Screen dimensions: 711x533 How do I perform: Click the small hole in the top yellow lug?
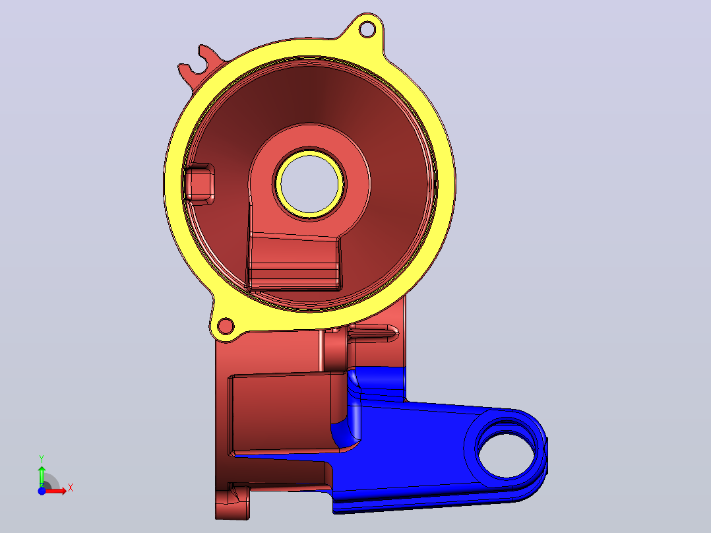[x=367, y=30]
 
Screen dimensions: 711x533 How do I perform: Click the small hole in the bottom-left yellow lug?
[x=226, y=326]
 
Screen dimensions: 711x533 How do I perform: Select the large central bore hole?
[x=310, y=184]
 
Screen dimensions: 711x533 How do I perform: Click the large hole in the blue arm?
[x=506, y=455]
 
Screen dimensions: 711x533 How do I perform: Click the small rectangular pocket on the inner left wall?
[x=199, y=183]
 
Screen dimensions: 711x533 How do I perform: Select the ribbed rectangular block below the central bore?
[x=294, y=262]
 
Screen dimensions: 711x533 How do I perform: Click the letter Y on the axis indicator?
[x=42, y=459]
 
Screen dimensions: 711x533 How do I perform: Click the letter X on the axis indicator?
[x=71, y=488]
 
